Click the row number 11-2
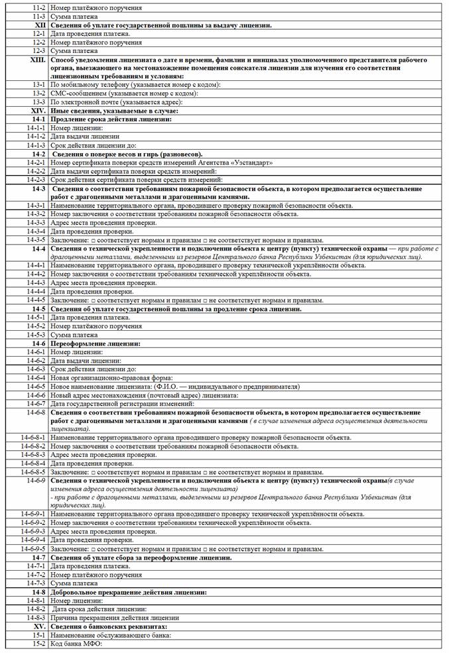pos(38,7)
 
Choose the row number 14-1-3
pos(36,145)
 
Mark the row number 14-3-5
pos(36,239)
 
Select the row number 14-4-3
pos(36,282)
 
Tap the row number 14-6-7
pos(36,403)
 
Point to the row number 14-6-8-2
pos(32,446)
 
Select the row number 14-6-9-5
pos(32,549)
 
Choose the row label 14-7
pos(38,558)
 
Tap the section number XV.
pos(39,626)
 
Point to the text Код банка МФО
pos(78,643)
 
